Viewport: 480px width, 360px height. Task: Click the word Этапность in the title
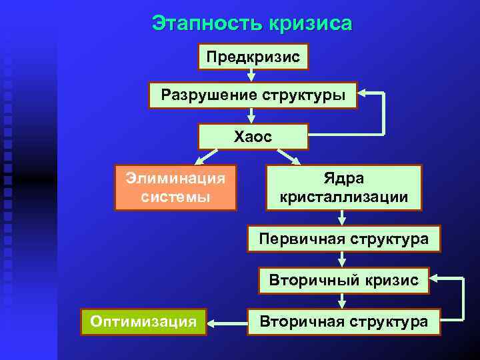207,24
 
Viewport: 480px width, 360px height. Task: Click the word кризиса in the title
310,24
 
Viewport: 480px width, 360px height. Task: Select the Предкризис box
253,57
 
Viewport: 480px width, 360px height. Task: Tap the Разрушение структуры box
253,95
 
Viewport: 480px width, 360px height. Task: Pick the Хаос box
253,137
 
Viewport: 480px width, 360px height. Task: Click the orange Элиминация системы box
175,187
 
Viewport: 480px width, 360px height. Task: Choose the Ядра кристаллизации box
344,187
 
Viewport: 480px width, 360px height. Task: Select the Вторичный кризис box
344,281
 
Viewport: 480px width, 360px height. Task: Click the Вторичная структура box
344,322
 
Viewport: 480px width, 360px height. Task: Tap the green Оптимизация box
143,322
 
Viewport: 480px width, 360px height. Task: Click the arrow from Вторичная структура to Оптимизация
227,323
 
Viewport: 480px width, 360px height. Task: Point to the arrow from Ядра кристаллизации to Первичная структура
342,219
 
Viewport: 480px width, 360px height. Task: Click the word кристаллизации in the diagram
344,197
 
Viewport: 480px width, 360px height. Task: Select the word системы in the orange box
175,197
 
